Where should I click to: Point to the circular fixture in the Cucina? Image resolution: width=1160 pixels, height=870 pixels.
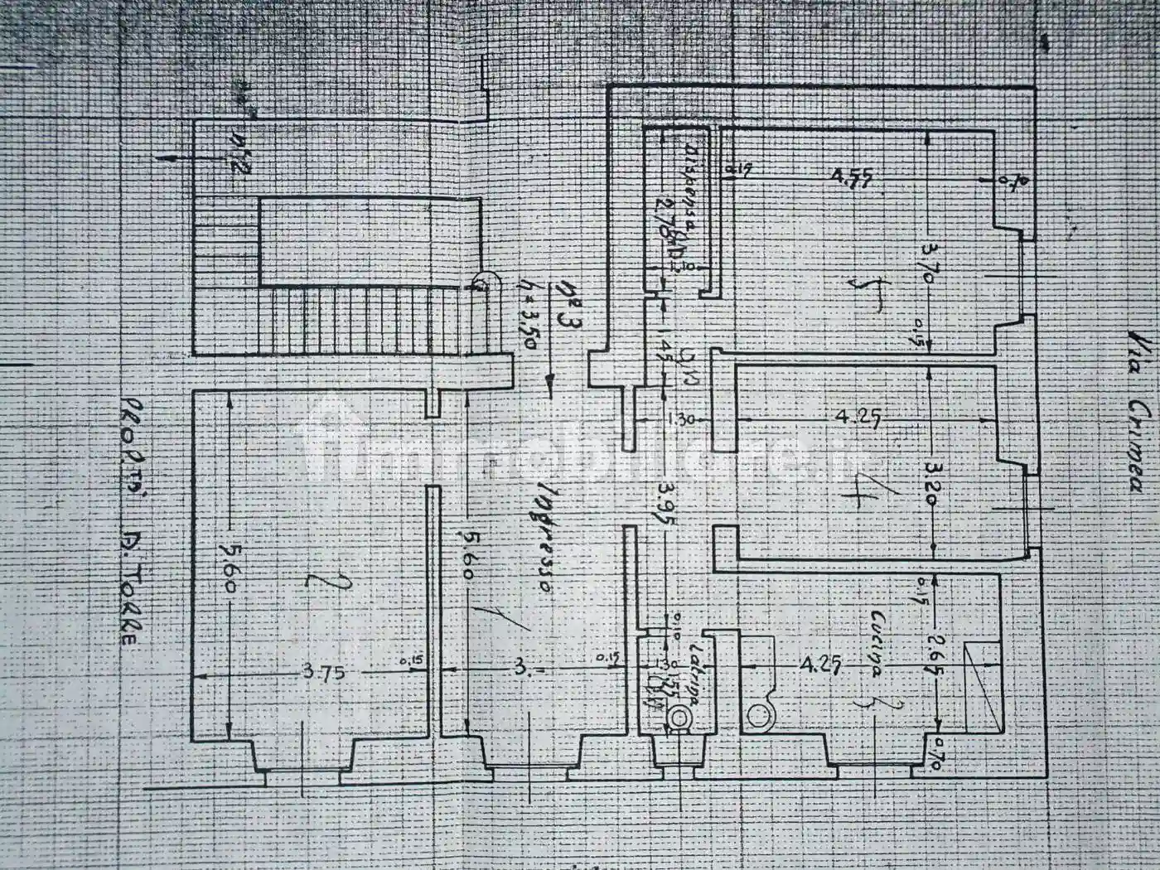757,716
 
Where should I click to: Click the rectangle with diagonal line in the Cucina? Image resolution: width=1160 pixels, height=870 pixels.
984,686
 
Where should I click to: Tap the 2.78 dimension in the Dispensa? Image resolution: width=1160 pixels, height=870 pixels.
662,217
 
